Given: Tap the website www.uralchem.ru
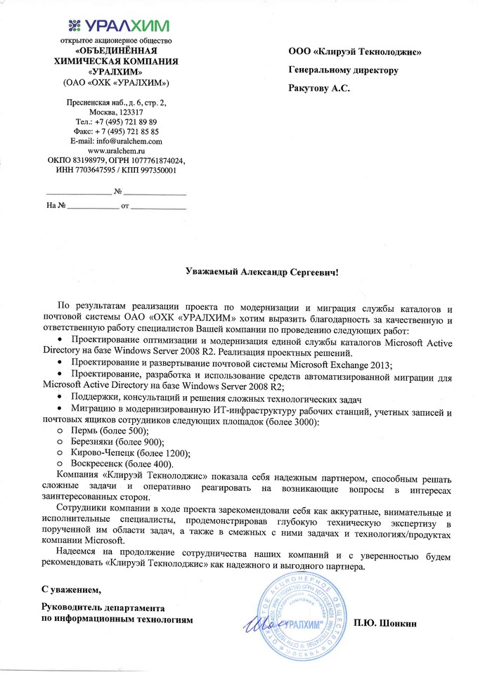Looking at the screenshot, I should pos(115,150).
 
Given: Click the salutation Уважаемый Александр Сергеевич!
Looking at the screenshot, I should pos(261,270).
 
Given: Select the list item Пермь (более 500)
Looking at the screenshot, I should pos(108,430).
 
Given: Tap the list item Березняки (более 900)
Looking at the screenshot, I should pos(116,441).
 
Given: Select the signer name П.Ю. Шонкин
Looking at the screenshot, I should pos(386,622).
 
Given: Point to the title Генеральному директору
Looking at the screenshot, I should pos(344,70).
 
